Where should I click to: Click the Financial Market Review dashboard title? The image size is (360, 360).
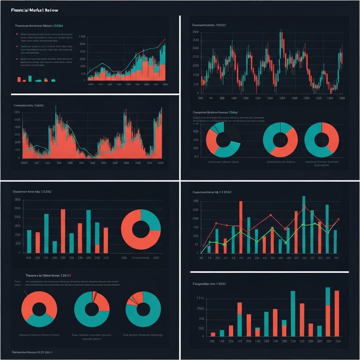coord(34,10)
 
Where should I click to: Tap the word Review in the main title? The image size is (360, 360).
coord(51,10)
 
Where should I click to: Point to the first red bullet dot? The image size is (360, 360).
coord(17,34)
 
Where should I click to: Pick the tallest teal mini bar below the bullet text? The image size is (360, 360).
coord(30,78)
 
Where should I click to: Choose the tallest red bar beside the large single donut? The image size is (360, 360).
coord(63,231)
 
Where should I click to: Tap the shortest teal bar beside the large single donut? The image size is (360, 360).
coord(54,247)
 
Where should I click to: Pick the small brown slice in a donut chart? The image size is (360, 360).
coord(133,300)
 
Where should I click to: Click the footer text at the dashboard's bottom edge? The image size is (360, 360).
coord(32,352)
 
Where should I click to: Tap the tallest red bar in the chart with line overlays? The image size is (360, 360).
coord(241,227)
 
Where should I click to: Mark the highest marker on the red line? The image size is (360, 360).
coord(304,207)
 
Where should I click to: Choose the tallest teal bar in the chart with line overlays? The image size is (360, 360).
coord(304,224)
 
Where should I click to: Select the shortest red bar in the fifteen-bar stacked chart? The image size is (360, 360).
coord(213,334)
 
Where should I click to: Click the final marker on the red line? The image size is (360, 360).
coord(338,219)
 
